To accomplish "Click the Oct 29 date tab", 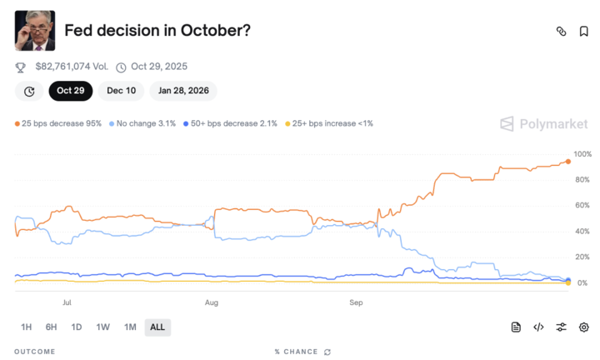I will pyautogui.click(x=71, y=91).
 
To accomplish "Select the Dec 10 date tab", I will pyautogui.click(x=121, y=91).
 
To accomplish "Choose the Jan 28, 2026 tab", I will pyautogui.click(x=183, y=91).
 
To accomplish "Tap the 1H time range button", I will pyautogui.click(x=27, y=327).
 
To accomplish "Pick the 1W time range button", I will pyautogui.click(x=103, y=327).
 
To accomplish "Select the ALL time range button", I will pyautogui.click(x=157, y=327).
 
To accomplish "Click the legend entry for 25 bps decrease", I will pyautogui.click(x=58, y=123).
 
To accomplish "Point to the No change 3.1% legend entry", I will pyautogui.click(x=142, y=123).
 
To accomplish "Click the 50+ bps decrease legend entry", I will pyautogui.click(x=229, y=123).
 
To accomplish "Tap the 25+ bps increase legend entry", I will pyautogui.click(x=329, y=123).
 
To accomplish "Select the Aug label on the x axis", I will pyautogui.click(x=212, y=303).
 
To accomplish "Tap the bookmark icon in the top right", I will pyautogui.click(x=583, y=31).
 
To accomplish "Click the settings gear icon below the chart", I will pyautogui.click(x=583, y=327).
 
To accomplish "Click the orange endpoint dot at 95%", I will pyautogui.click(x=567, y=161).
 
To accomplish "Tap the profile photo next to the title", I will pyautogui.click(x=35, y=31).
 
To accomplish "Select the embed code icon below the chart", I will pyautogui.click(x=538, y=327).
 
